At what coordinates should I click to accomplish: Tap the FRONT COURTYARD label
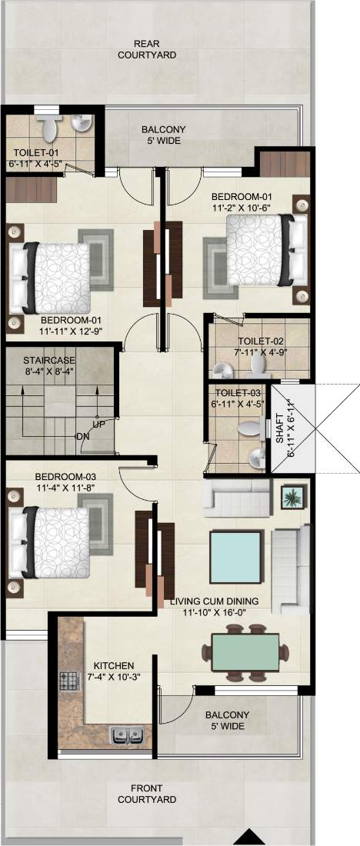[x=147, y=794]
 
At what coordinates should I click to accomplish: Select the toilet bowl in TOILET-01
[x=49, y=126]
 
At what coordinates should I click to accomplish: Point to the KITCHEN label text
[x=114, y=666]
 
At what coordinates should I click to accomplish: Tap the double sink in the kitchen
[x=127, y=734]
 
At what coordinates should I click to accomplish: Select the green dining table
[x=245, y=653]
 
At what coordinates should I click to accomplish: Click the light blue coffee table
[x=236, y=557]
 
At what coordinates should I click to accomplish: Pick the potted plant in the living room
[x=294, y=496]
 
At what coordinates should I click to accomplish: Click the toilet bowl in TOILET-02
[x=258, y=367]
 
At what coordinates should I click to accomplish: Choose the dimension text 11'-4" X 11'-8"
[x=65, y=487]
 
